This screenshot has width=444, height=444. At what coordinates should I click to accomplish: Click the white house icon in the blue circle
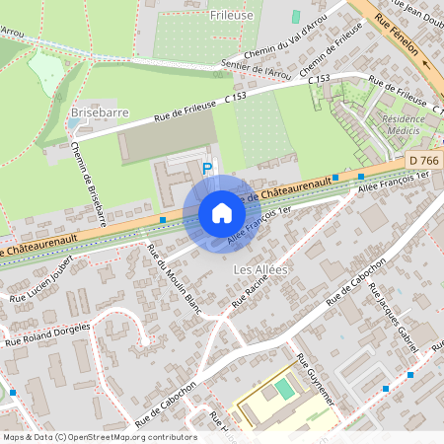pos(222,213)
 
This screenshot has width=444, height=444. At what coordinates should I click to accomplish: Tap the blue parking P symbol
pos(207,169)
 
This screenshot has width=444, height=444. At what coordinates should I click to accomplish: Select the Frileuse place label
pos(233,15)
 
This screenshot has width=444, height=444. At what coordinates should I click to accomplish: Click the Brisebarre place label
pos(95,112)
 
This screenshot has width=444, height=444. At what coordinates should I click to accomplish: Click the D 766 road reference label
pos(425,159)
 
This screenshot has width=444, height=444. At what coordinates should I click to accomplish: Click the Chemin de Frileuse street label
pos(337,52)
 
